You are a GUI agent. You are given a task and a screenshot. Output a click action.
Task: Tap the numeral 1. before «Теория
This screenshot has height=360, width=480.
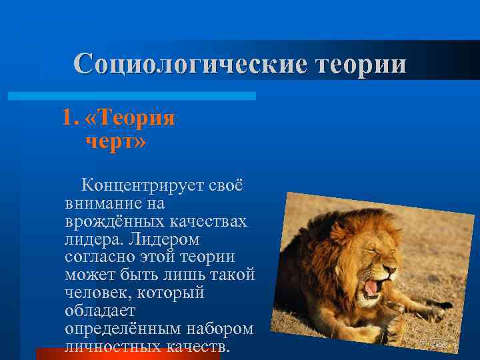[x=69, y=118]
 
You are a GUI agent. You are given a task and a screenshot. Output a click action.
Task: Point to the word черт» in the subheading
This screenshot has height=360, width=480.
[x=115, y=141]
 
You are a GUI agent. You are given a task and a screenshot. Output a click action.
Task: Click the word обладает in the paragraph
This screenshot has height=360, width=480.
[x=100, y=311]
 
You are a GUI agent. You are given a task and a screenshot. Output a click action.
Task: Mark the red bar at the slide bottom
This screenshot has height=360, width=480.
[x=127, y=354]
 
